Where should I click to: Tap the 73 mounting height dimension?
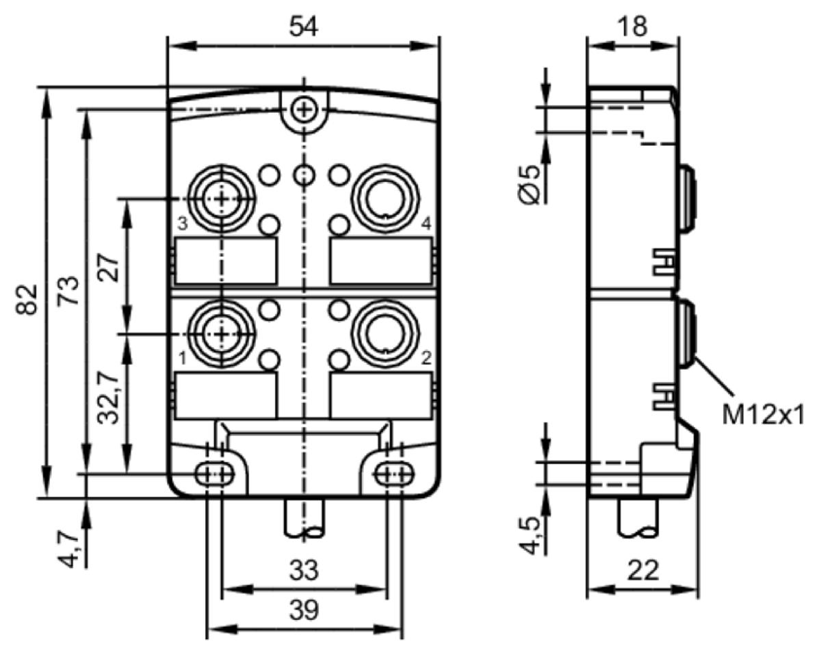pyautogui.click(x=68, y=290)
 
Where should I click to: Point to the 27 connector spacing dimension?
pyautogui.click(x=108, y=267)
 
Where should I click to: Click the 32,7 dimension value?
pyautogui.click(x=108, y=398)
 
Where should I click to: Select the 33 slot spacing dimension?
pyautogui.click(x=304, y=570)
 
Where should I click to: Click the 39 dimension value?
pyautogui.click(x=304, y=610)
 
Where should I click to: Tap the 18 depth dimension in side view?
pyautogui.click(x=634, y=26)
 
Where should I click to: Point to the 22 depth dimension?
pyautogui.click(x=643, y=570)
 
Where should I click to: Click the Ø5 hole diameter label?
pyautogui.click(x=530, y=185)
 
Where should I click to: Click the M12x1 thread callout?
pyautogui.click(x=763, y=415)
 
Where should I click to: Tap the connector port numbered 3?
pyautogui.click(x=222, y=198)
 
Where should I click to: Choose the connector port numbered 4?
pyautogui.click(x=385, y=198)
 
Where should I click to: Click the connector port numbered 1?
pyautogui.click(x=222, y=335)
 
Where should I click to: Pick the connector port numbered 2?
pyautogui.click(x=385, y=335)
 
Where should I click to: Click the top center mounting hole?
pyautogui.click(x=304, y=110)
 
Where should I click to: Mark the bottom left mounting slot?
pyautogui.click(x=215, y=474)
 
